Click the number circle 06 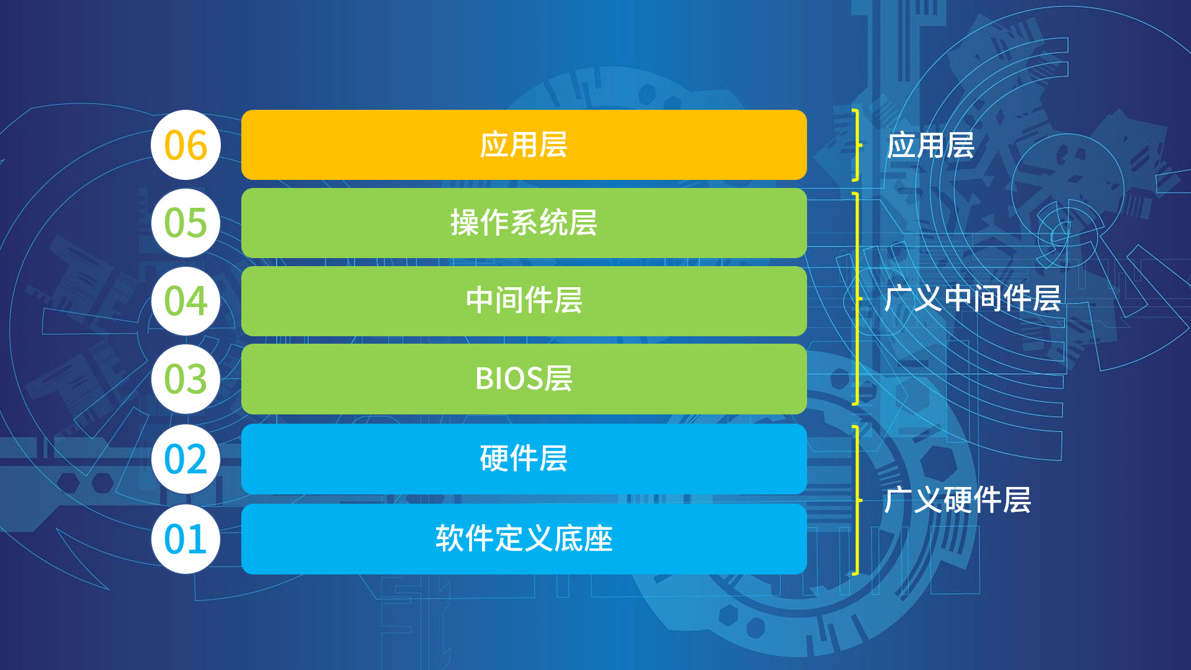pos(185,145)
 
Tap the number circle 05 pos(185,223)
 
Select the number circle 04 pos(185,301)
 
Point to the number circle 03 pos(185,379)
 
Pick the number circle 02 pos(185,459)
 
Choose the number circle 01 pos(185,538)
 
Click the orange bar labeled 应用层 pos(524,145)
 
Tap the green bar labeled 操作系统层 pos(524,223)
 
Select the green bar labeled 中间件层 pos(524,301)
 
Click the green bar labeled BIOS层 pos(524,379)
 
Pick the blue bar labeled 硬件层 pos(524,459)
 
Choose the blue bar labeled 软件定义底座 pos(524,538)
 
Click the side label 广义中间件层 pos(973,298)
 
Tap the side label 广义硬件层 pos(958,500)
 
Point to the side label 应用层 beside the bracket pos(930,145)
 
